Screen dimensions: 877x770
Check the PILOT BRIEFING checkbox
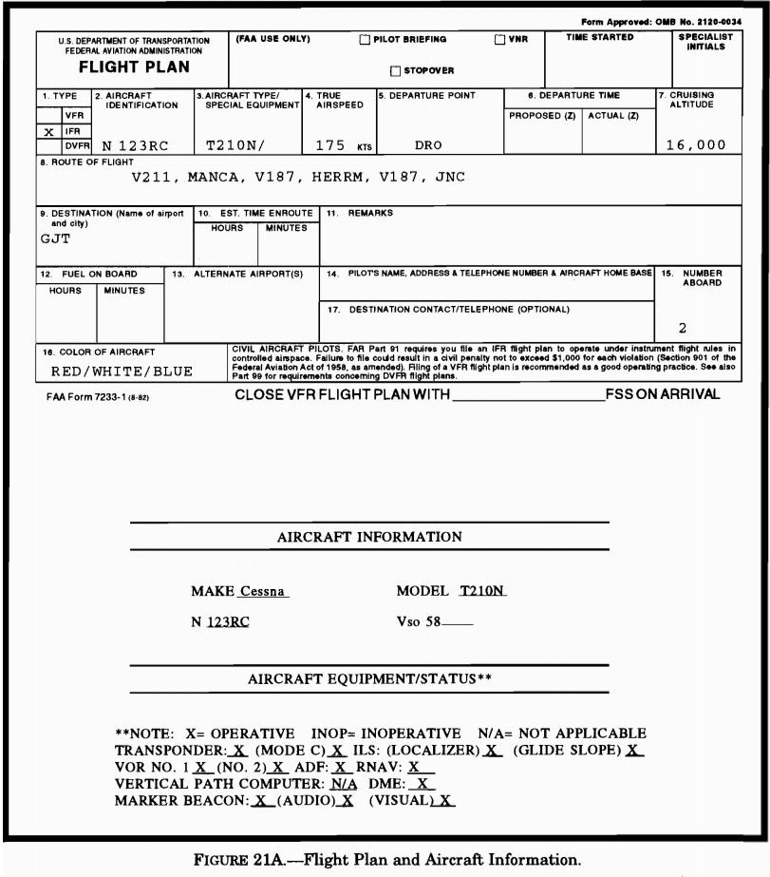point(365,40)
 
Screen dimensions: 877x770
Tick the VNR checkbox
point(499,40)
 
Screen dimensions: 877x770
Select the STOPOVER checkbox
point(396,71)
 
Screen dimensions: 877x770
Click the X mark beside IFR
point(48,131)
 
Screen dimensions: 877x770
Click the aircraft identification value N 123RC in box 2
point(136,146)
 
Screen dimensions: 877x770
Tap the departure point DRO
point(429,146)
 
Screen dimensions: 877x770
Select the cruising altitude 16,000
point(695,145)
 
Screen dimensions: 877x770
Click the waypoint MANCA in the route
point(216,178)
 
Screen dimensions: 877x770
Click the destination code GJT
point(55,238)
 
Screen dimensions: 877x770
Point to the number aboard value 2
point(683,328)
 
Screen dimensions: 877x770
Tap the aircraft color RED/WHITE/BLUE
point(122,372)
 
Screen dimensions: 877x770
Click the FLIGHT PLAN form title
point(134,67)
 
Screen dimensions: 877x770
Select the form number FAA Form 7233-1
point(98,396)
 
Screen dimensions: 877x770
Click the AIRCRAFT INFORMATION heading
point(369,537)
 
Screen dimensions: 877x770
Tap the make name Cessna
point(263,591)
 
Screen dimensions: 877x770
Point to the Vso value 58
point(432,622)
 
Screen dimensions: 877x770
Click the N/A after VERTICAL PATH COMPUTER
point(344,784)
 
